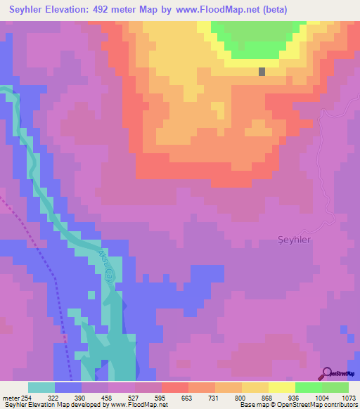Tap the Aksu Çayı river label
(x=104, y=265)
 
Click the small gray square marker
(x=262, y=71)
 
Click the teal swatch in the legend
(x=41, y=387)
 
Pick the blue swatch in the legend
(x=68, y=387)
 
